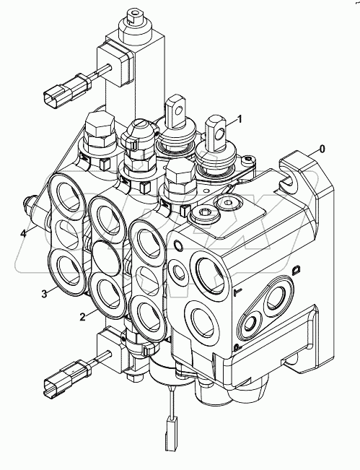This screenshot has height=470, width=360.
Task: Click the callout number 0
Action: [x=322, y=149]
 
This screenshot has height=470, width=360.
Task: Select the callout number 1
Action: [x=240, y=118]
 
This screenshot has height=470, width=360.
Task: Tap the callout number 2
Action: [x=83, y=317]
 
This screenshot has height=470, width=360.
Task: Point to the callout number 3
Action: [x=44, y=293]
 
